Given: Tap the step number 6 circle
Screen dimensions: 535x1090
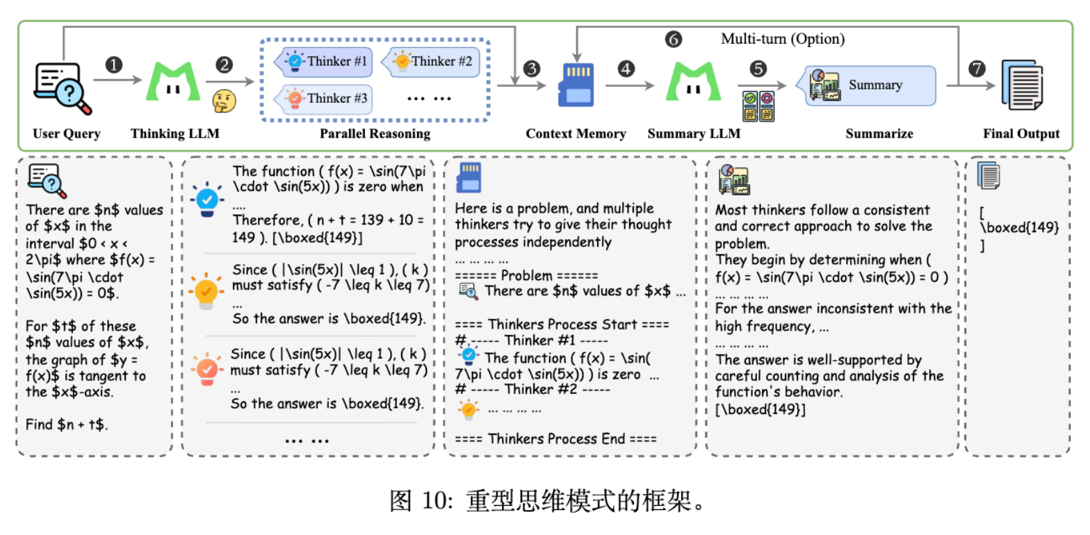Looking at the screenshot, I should click(x=672, y=39).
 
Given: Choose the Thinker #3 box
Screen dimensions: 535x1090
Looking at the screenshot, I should click(x=323, y=98).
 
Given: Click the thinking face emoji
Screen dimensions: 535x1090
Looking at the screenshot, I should click(x=224, y=100).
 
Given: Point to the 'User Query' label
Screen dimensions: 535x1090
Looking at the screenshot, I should click(x=67, y=133).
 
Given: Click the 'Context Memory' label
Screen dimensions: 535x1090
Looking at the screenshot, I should click(x=576, y=133).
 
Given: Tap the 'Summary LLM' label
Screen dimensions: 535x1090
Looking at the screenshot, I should click(x=693, y=133).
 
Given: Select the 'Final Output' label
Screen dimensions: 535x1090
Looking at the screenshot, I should click(x=1021, y=133).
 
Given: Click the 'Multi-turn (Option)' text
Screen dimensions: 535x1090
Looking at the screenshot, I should click(x=783, y=39).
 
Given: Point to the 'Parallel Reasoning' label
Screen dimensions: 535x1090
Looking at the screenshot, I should click(x=375, y=133).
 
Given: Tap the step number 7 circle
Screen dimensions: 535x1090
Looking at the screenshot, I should click(x=977, y=68).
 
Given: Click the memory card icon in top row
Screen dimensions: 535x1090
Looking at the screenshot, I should click(x=576, y=85).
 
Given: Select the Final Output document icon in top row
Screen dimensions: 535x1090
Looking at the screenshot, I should click(x=1021, y=84).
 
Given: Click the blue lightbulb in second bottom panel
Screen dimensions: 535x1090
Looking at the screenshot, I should click(x=206, y=200).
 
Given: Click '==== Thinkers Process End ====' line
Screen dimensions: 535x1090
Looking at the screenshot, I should click(x=555, y=438).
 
